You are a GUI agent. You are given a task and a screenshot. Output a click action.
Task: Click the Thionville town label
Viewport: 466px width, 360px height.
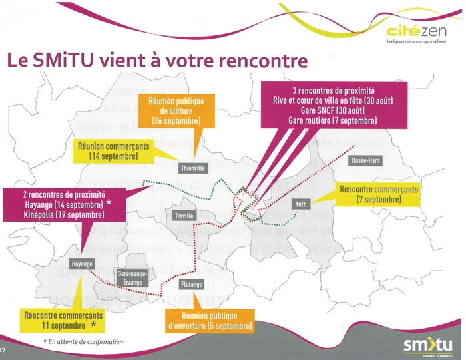194,168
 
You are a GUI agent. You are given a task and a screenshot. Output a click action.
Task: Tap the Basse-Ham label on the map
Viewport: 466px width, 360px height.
365,161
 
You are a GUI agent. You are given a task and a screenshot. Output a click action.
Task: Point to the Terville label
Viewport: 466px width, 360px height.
183,216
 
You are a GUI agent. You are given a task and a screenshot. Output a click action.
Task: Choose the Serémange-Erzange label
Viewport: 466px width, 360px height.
132,278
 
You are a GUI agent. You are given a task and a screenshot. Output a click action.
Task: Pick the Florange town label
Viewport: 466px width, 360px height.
192,284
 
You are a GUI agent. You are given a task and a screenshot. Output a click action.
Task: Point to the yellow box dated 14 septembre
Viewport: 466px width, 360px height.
114,150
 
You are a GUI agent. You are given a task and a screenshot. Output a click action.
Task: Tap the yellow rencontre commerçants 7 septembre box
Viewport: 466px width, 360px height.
378,194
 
